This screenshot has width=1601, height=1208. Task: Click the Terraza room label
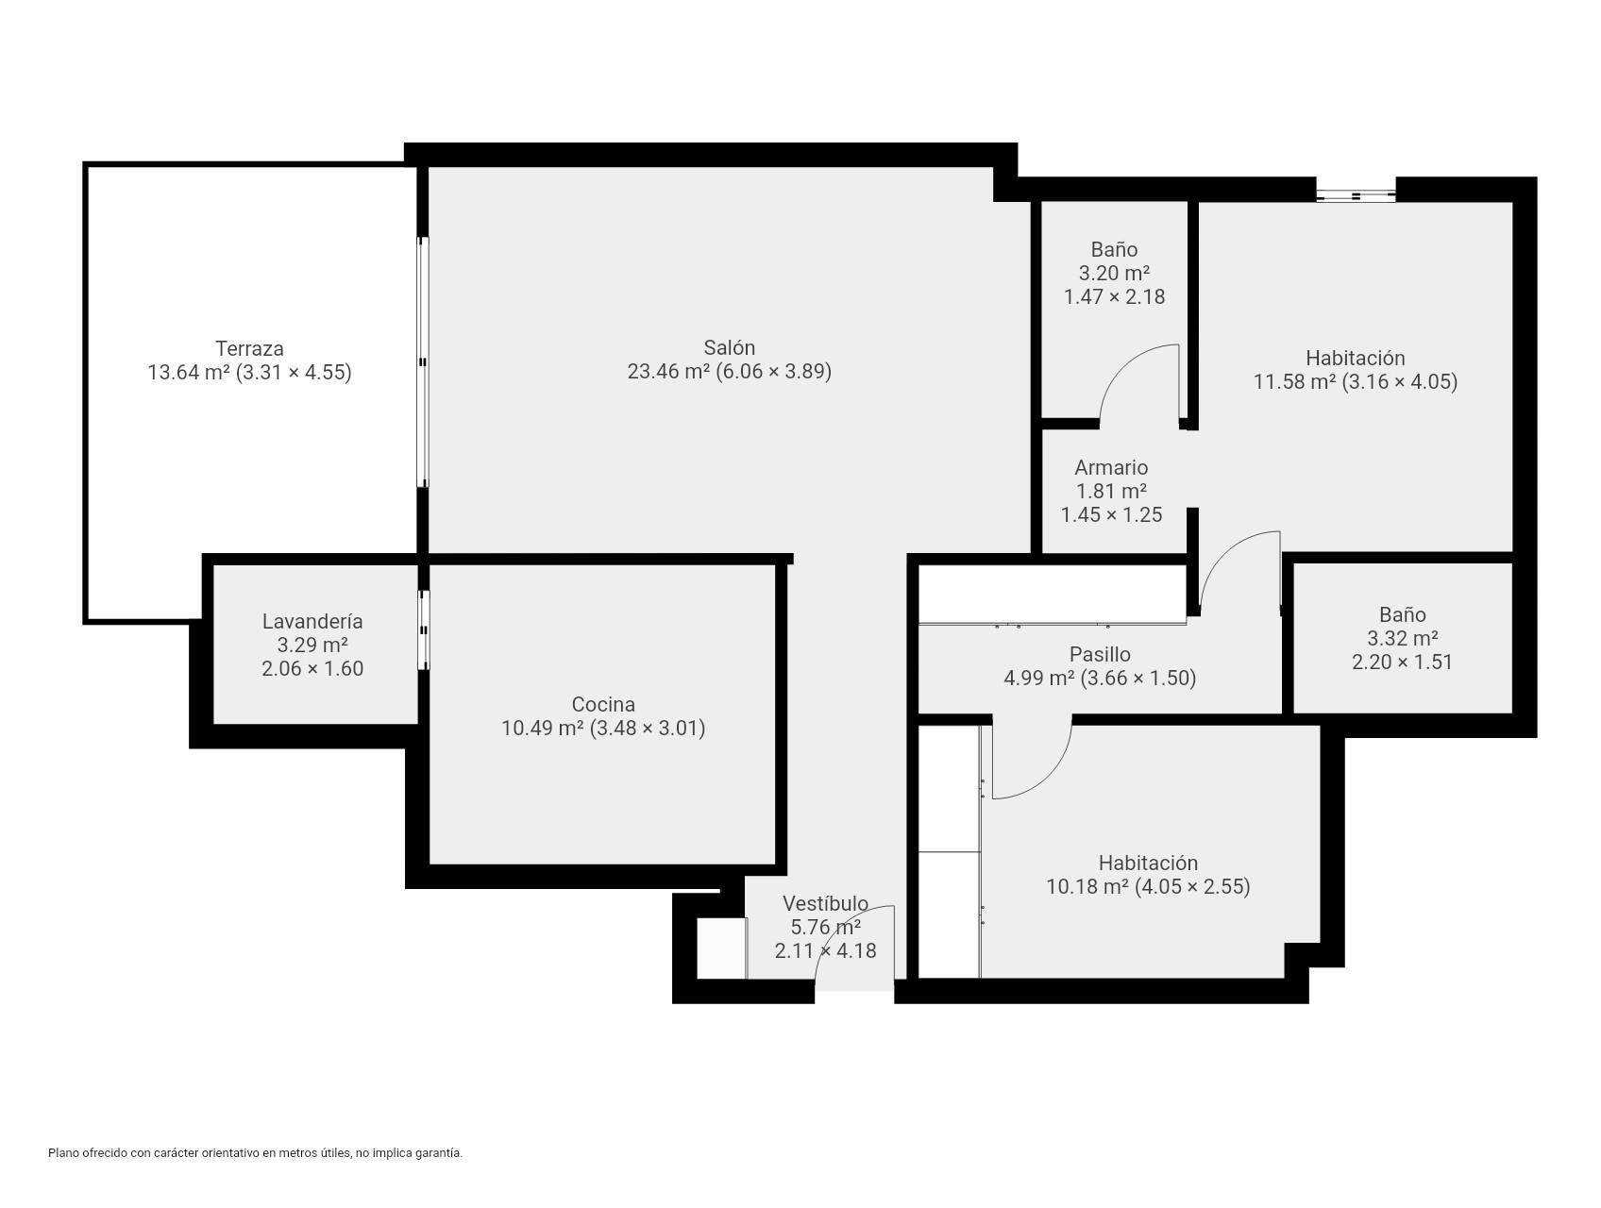pos(249,348)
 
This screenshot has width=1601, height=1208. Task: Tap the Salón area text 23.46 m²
pos(668,372)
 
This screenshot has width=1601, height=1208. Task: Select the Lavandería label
pos(312,621)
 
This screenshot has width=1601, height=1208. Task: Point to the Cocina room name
pos(603,704)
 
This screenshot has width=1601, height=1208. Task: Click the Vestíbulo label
pos(825,903)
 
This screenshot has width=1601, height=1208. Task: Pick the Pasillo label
pos(1100,654)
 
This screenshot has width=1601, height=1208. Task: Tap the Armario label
pos(1111,467)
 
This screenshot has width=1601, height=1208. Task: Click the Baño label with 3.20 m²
pos(1114,249)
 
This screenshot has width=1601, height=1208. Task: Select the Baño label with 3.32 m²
pos(1402,614)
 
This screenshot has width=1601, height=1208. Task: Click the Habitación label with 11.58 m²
pos(1355,358)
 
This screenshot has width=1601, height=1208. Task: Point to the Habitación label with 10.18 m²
pos(1148,863)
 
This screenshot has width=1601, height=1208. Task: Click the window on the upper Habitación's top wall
pos(1356,195)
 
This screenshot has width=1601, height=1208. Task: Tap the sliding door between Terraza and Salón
pos(423,362)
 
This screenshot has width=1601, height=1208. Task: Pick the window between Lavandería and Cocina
pos(424,629)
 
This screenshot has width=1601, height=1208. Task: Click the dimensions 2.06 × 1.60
pos(312,668)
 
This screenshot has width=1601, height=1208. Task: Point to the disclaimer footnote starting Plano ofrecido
pos(255,1152)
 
